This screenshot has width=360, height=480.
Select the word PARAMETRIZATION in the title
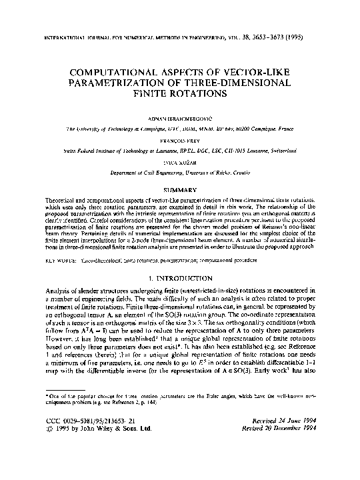(x=135, y=83)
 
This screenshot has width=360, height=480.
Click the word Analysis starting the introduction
(x=39, y=290)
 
